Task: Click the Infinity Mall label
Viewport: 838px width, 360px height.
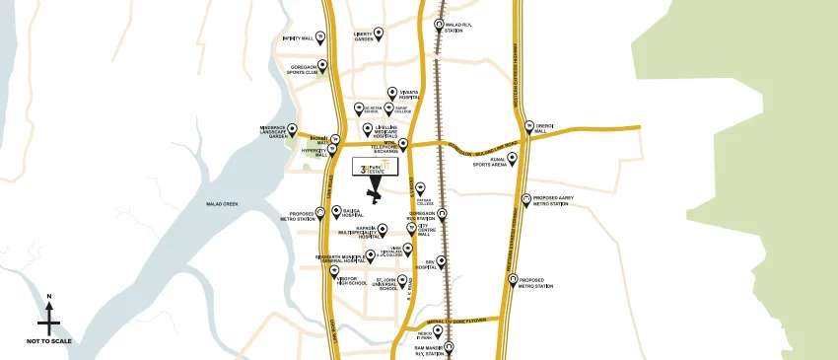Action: (297, 39)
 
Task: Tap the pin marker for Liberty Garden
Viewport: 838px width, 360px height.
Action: (379, 33)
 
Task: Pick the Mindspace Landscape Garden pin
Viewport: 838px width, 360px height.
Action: (292, 128)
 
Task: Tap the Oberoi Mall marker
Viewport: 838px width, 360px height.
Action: (528, 126)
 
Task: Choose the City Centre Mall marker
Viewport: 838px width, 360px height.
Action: (411, 233)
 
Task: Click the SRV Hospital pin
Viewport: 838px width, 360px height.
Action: (441, 261)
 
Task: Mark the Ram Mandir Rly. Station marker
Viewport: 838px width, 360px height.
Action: (450, 346)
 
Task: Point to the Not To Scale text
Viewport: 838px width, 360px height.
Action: (49, 341)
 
